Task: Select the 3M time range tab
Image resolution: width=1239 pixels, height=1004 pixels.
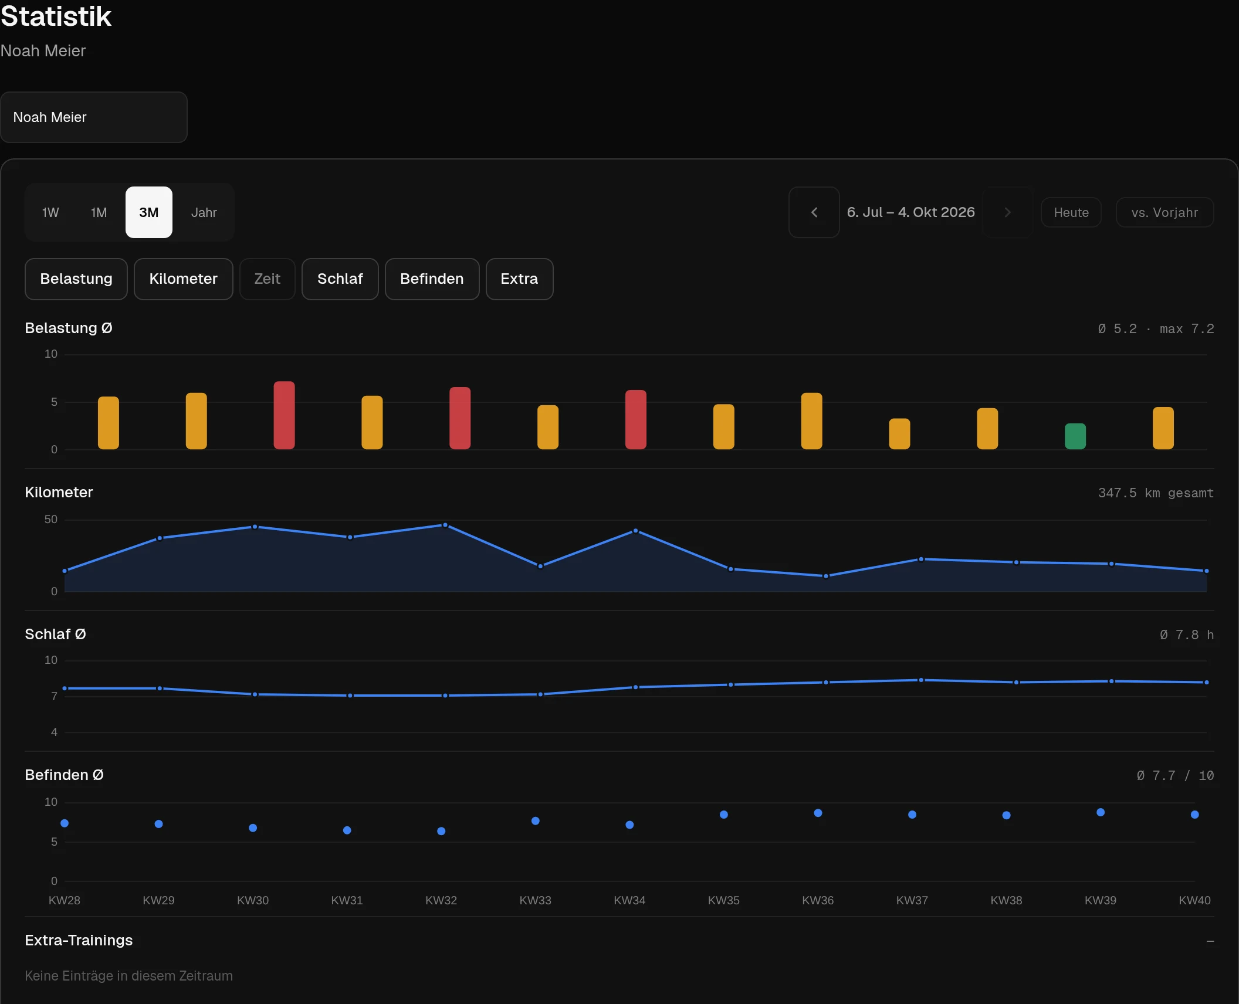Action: [149, 212]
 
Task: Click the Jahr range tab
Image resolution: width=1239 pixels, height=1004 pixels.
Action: [204, 212]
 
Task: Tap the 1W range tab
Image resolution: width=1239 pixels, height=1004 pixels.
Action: [50, 212]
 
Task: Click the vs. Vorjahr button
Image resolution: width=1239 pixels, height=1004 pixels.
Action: [1164, 212]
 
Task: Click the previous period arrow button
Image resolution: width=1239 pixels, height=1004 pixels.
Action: [814, 212]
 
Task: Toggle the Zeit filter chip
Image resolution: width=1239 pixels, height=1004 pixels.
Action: [268, 279]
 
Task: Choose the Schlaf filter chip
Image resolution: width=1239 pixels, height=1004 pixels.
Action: [340, 279]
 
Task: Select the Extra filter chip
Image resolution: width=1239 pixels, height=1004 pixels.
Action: [519, 279]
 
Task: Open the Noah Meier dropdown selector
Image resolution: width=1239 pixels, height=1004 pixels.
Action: [94, 117]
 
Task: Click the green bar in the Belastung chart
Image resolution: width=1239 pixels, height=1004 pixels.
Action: [1075, 436]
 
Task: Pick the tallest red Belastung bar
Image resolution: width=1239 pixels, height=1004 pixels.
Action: [284, 415]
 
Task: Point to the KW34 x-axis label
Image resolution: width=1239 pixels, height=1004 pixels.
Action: [629, 900]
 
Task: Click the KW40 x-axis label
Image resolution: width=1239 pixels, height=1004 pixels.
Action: [1194, 900]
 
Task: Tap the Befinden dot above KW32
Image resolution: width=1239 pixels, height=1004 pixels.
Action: [441, 831]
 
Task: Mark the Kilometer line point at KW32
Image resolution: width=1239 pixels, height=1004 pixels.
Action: [445, 525]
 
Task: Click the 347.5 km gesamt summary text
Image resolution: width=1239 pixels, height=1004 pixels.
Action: [1156, 493]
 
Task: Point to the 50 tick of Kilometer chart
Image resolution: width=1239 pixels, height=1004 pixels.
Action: [51, 520]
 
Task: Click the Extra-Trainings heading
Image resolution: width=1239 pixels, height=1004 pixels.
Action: [79, 941]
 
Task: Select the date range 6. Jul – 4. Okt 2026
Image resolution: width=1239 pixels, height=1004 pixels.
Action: [910, 212]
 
